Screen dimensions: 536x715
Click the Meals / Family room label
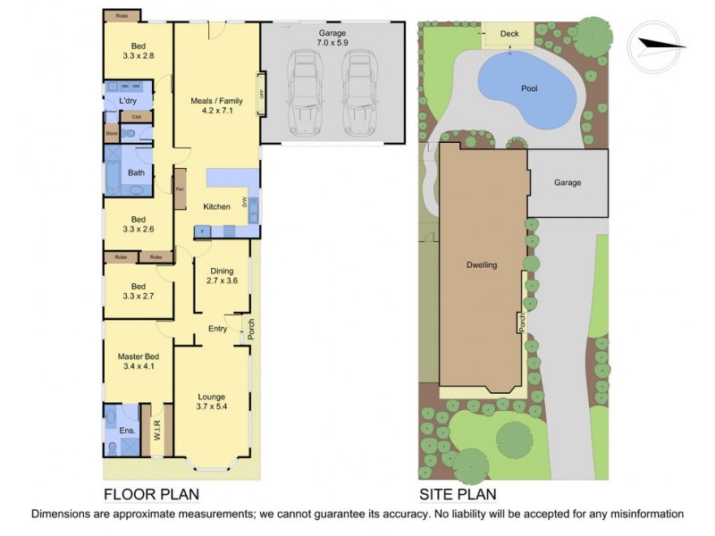tap(216, 106)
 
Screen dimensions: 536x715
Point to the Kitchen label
tap(216, 206)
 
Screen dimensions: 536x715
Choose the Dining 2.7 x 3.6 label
tap(222, 276)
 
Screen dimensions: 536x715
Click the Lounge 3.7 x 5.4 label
tap(212, 402)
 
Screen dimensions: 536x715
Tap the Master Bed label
tap(138, 361)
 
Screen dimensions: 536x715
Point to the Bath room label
tap(136, 172)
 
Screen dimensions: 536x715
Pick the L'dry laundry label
tap(127, 102)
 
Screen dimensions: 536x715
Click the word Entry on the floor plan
tap(217, 329)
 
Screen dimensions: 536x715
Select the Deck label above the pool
tap(509, 35)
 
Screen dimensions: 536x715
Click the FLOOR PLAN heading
tap(151, 494)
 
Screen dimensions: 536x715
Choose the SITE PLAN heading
tap(458, 494)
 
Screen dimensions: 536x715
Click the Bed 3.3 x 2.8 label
tap(138, 51)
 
